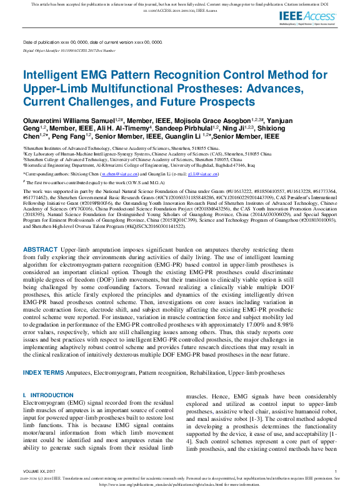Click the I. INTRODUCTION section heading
pos(48,395)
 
